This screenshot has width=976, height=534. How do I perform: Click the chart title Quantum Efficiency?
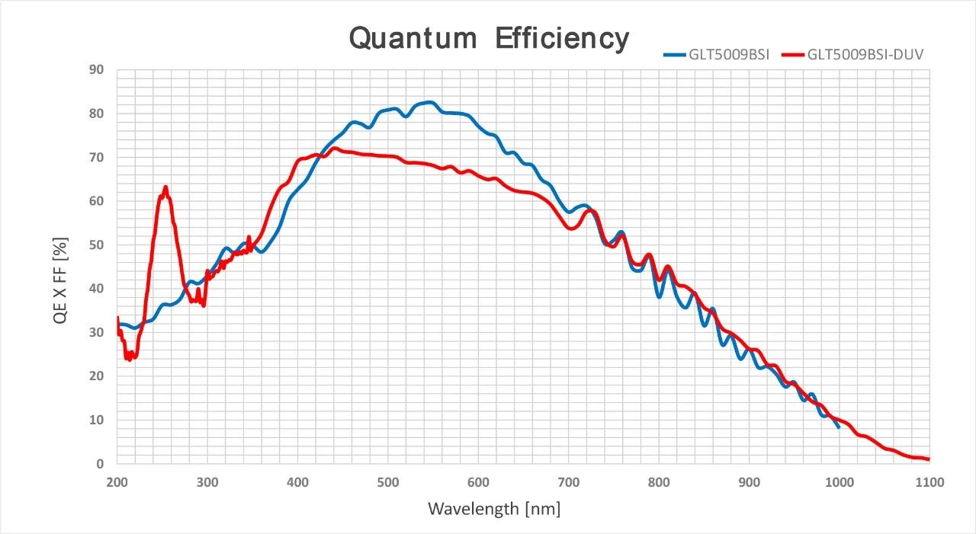pos(489,37)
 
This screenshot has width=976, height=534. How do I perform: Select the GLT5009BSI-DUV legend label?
pos(865,54)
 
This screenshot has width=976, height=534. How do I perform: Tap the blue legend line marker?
pos(675,54)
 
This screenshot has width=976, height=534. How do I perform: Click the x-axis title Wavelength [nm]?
pos(493,508)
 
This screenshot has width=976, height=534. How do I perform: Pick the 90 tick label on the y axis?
pos(97,70)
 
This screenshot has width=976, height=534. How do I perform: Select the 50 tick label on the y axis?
pos(97,245)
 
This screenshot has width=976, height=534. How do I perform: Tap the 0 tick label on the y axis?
pos(100,464)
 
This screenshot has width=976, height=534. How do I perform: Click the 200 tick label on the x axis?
pos(117,482)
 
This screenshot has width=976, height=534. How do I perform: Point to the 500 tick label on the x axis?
pos(388,482)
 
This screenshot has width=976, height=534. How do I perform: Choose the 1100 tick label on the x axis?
pos(929,482)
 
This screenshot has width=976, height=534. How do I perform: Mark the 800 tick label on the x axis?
pos(659,482)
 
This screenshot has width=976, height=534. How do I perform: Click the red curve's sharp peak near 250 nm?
pos(165,187)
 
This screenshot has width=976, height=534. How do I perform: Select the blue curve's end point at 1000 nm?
pos(839,427)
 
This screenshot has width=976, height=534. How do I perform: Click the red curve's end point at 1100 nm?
pos(928,459)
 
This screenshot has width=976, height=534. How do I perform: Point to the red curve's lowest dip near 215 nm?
pos(130,358)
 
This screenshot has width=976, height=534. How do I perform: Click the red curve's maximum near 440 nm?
pos(335,149)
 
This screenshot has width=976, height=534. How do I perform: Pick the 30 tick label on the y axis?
pos(97,333)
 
